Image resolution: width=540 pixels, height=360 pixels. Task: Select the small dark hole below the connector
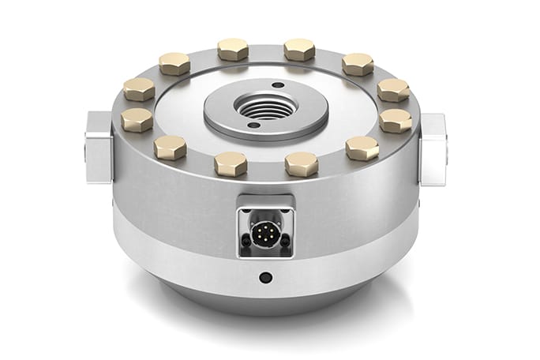266,277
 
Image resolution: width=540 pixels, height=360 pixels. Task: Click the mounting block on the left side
99,147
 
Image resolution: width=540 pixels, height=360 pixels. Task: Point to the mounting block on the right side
433,148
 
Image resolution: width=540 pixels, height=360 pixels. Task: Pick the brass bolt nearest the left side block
137,120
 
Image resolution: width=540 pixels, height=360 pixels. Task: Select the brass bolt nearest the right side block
395,121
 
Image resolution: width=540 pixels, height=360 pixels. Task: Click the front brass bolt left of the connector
231,163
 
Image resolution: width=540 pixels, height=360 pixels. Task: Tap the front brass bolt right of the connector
302,164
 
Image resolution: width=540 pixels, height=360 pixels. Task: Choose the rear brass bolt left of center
233,49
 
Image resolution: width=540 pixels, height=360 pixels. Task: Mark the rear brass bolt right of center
299,49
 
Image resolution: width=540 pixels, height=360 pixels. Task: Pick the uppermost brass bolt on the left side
174,63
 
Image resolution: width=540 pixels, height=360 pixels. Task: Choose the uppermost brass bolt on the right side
358,63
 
